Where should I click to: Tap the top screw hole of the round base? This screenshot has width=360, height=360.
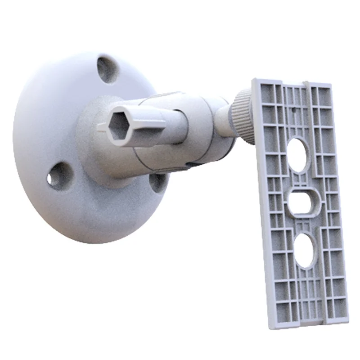[x=107, y=69]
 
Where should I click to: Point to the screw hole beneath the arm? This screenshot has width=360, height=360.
[x=157, y=182]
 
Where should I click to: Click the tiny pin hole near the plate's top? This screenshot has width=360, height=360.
[x=293, y=108]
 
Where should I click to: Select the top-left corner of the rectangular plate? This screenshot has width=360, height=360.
[x=253, y=81]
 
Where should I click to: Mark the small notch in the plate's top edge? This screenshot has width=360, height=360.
[x=305, y=83]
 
